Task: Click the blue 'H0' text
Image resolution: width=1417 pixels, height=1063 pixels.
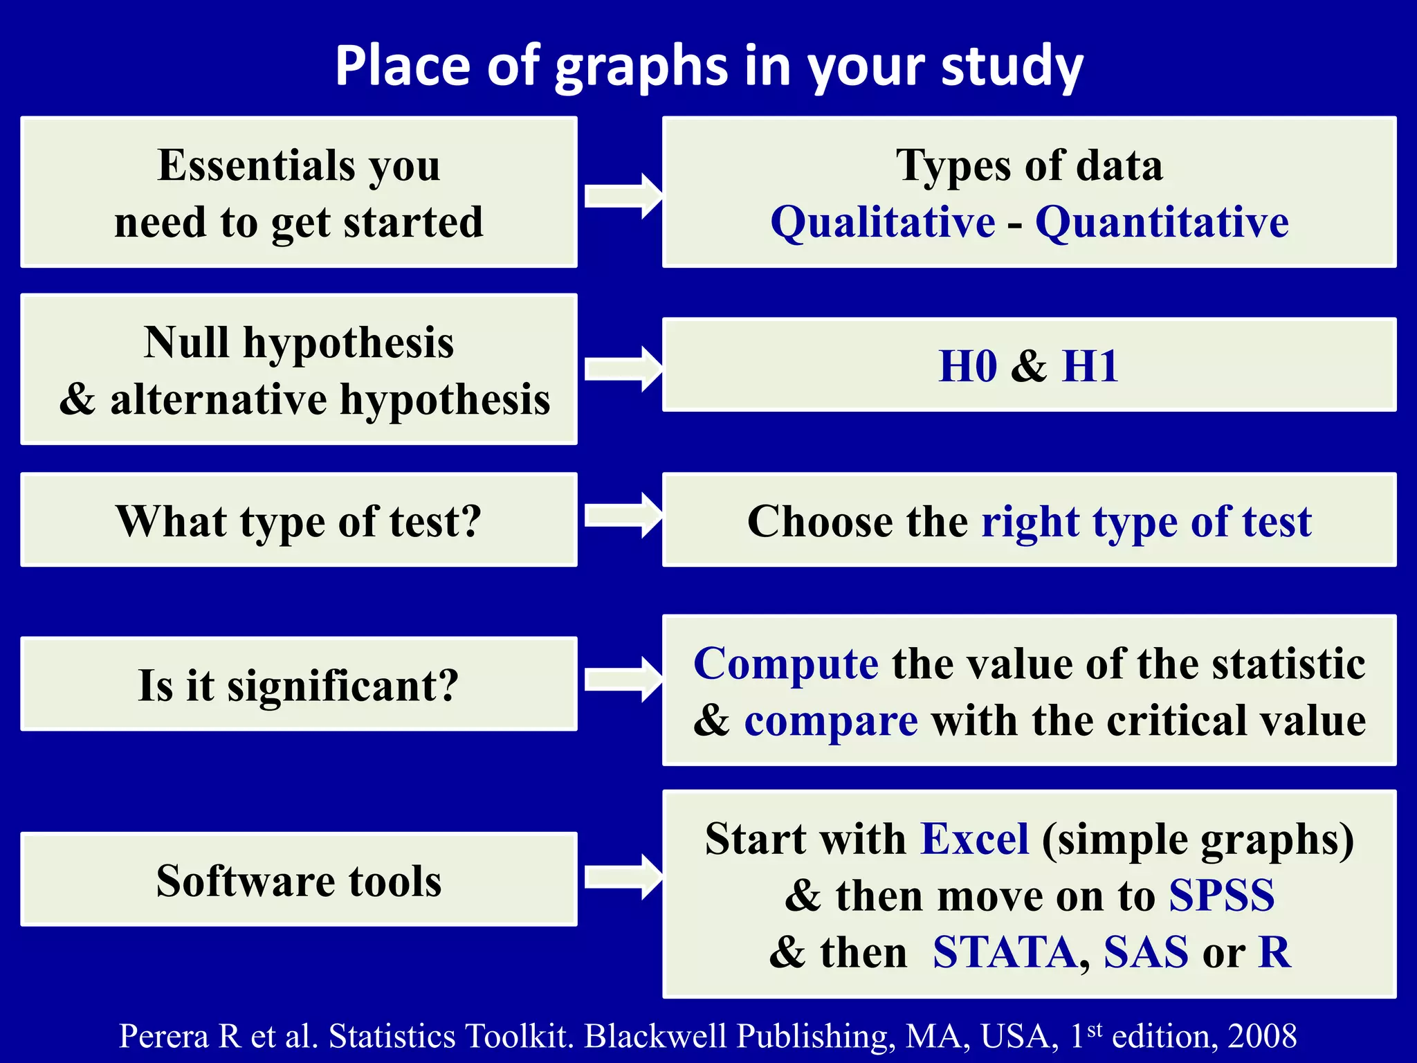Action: tap(967, 366)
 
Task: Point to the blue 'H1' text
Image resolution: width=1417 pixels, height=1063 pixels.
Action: tap(1090, 366)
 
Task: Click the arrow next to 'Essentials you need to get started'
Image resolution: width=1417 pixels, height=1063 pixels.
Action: tap(623, 196)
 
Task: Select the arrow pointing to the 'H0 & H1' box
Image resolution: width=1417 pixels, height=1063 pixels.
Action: tap(623, 369)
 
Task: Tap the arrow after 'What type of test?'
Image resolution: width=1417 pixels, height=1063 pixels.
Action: tap(623, 516)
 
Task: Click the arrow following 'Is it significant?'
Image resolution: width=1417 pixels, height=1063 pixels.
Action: tap(623, 680)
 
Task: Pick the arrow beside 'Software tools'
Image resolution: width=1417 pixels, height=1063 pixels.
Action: tap(623, 877)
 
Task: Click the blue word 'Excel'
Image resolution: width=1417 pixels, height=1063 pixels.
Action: tap(975, 839)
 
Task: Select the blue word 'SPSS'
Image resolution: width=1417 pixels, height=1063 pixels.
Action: tap(1221, 896)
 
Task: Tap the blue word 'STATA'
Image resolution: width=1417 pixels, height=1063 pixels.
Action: tap(1005, 952)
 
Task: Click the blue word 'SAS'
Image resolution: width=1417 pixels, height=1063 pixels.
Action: tap(1146, 952)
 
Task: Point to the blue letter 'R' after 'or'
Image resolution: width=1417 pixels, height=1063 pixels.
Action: tap(1274, 952)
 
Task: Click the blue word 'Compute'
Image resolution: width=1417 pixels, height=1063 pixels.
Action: tap(786, 664)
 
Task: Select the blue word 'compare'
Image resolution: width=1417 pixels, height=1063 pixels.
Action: tap(831, 721)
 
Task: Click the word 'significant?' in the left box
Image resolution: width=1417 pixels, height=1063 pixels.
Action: tap(342, 686)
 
